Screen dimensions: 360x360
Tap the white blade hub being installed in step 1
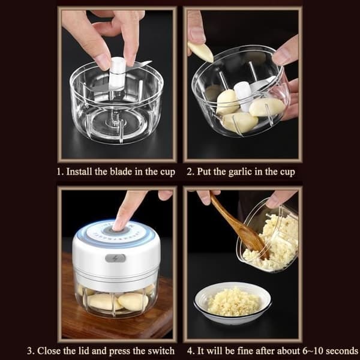(x=117, y=73)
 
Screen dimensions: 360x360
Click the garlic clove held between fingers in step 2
(x=200, y=52)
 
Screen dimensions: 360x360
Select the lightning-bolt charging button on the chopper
(x=115, y=258)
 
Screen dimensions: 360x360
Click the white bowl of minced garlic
(x=233, y=302)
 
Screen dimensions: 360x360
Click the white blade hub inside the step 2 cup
(x=242, y=95)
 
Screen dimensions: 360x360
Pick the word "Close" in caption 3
(x=49, y=351)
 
